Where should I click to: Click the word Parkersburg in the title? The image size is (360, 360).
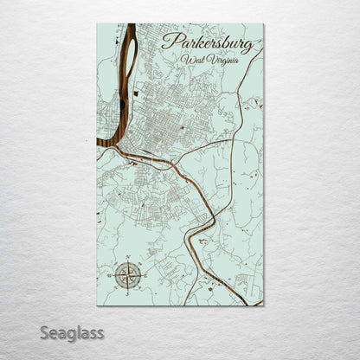coord(207,42)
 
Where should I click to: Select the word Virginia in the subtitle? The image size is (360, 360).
coord(221,60)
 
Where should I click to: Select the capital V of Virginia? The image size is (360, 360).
coord(209,59)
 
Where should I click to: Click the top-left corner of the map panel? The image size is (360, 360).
coord(97,23)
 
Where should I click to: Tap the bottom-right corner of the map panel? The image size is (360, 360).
coord(264,305)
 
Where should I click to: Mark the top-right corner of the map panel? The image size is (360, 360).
coord(264,23)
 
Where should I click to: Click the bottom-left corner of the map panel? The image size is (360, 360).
coord(97,305)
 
